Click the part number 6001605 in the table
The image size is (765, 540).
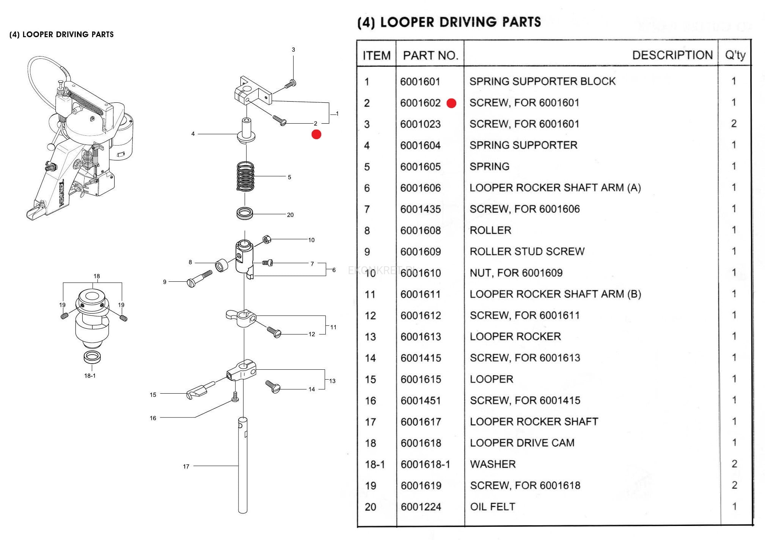click(420, 167)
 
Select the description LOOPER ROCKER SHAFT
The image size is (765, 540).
click(534, 422)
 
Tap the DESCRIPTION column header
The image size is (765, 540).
click(672, 55)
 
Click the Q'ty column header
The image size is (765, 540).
click(735, 55)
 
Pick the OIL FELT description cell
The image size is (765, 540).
click(492, 507)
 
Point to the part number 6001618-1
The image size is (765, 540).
click(425, 464)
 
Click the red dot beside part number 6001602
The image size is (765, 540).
click(451, 103)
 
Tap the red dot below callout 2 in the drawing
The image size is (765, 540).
click(316, 134)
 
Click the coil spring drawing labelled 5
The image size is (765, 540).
click(245, 177)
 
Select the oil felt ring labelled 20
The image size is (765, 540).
click(245, 213)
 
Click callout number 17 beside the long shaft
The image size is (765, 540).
click(186, 466)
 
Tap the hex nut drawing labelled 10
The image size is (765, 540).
click(267, 239)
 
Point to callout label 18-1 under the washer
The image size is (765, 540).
click(90, 376)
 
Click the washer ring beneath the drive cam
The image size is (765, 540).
click(92, 357)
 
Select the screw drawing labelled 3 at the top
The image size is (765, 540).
click(291, 84)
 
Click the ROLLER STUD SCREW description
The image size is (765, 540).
click(527, 251)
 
